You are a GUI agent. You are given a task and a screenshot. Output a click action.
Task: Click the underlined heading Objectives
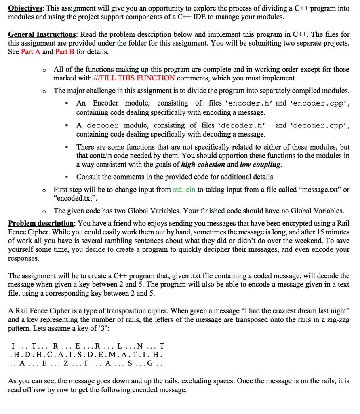25,8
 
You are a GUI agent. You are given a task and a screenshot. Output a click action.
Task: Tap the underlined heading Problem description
41,223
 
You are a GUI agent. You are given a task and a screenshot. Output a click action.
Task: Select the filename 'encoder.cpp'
318,103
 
